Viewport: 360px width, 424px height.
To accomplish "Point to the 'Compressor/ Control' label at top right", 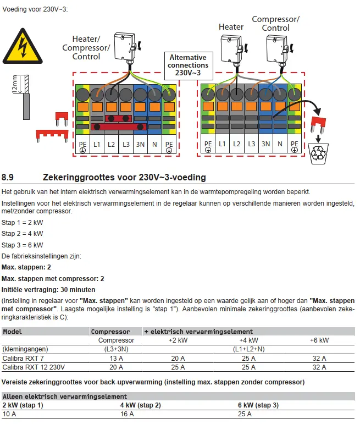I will (275, 24).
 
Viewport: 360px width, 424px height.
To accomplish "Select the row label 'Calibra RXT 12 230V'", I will (34, 367).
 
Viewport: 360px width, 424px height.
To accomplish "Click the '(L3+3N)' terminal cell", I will (116, 349).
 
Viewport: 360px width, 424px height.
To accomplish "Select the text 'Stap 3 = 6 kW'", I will (23, 245).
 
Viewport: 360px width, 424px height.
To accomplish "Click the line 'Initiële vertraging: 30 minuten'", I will (48, 289).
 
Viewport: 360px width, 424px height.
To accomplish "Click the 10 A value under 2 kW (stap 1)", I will (9, 414).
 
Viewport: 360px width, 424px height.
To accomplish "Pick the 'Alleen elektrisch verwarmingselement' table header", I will (65, 397).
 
